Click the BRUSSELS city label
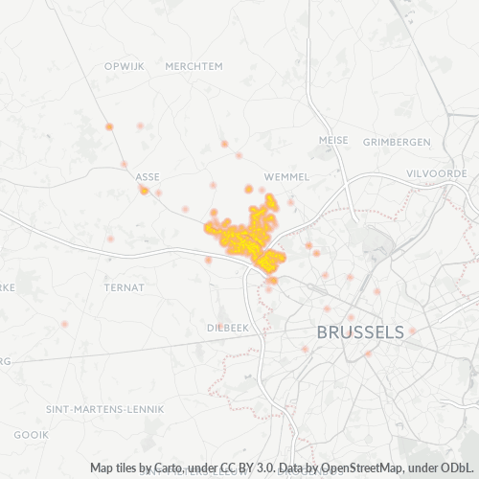(x=359, y=332)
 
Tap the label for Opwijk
(x=124, y=66)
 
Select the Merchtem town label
(x=194, y=66)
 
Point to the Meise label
(x=333, y=140)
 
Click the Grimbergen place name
(x=397, y=142)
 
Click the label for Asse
(x=148, y=177)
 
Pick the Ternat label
(x=125, y=286)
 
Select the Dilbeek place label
(x=227, y=327)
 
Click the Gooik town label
(x=31, y=434)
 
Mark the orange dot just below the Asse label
(x=144, y=190)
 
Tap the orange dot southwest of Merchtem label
(x=109, y=126)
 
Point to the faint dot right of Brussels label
(x=413, y=331)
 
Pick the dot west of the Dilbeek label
(x=64, y=324)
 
